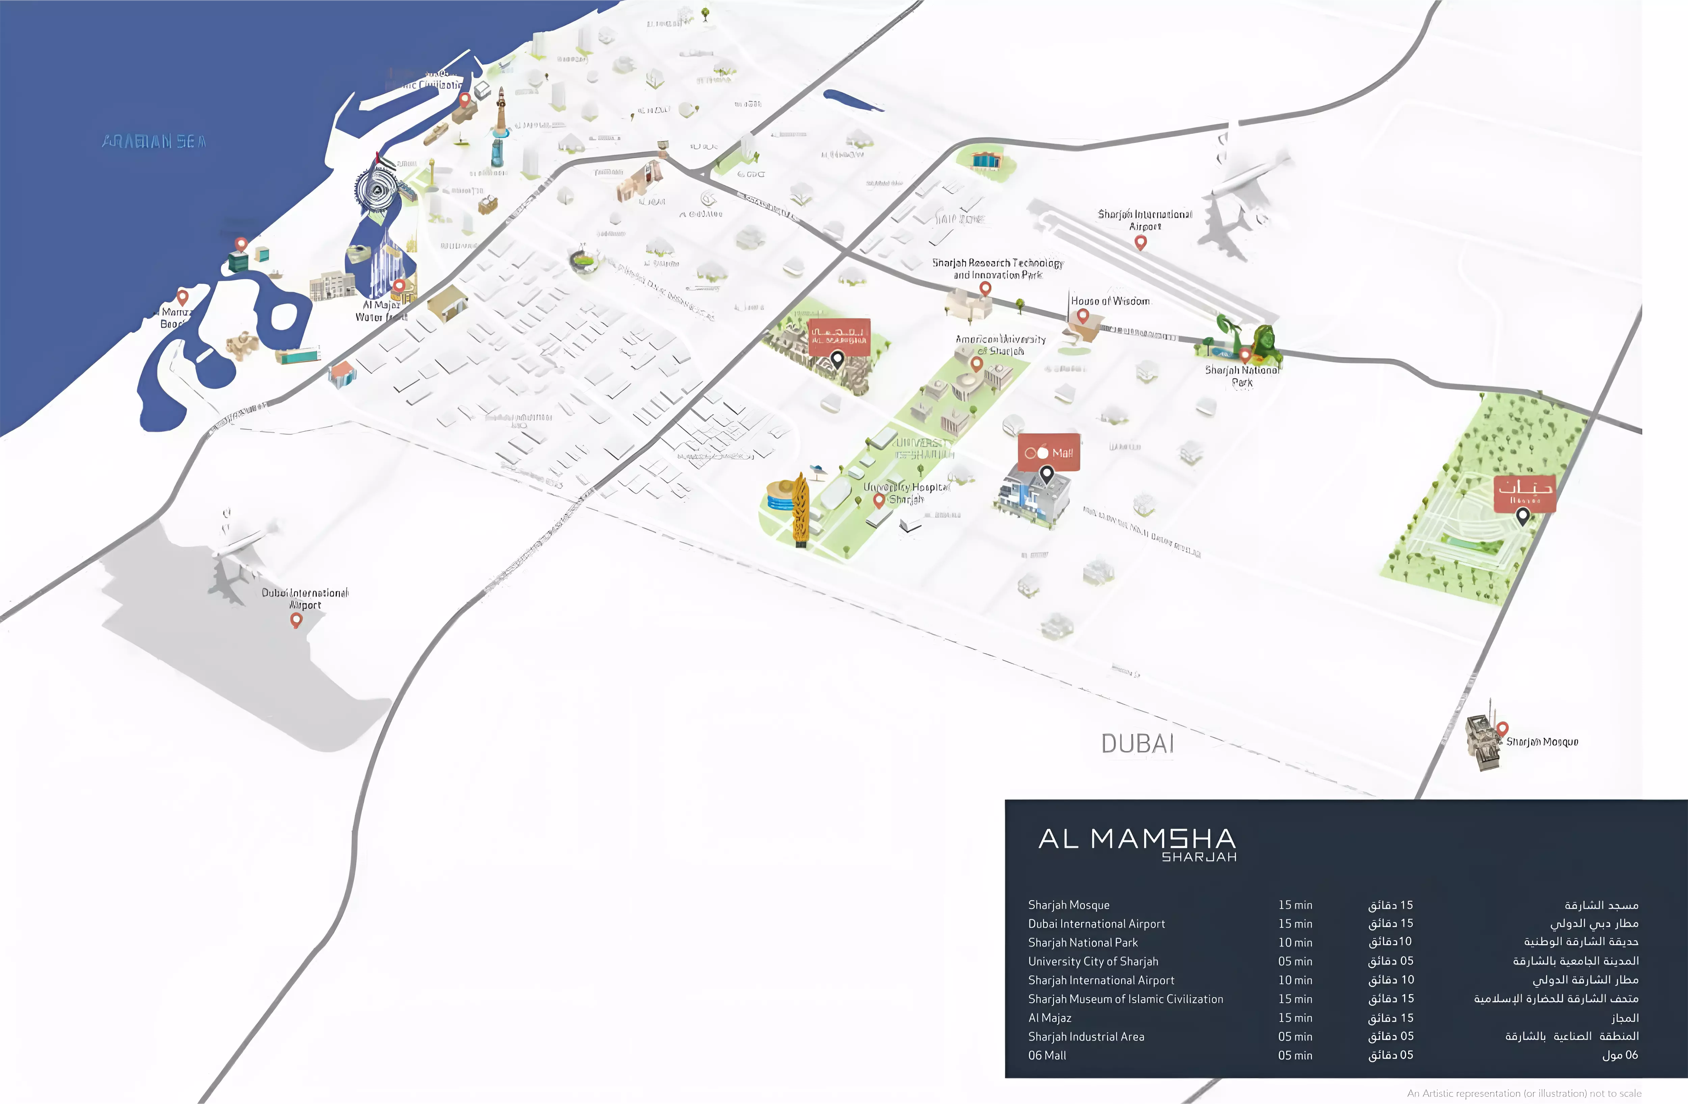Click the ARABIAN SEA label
click(154, 141)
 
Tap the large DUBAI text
click(1137, 744)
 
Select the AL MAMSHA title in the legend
click(1137, 839)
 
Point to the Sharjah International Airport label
click(1145, 220)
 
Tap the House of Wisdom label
click(1110, 301)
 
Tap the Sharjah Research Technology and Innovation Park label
click(997, 269)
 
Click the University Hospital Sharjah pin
click(879, 500)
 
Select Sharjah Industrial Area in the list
click(1086, 1036)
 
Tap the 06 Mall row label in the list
click(1047, 1055)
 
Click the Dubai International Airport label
click(305, 598)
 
